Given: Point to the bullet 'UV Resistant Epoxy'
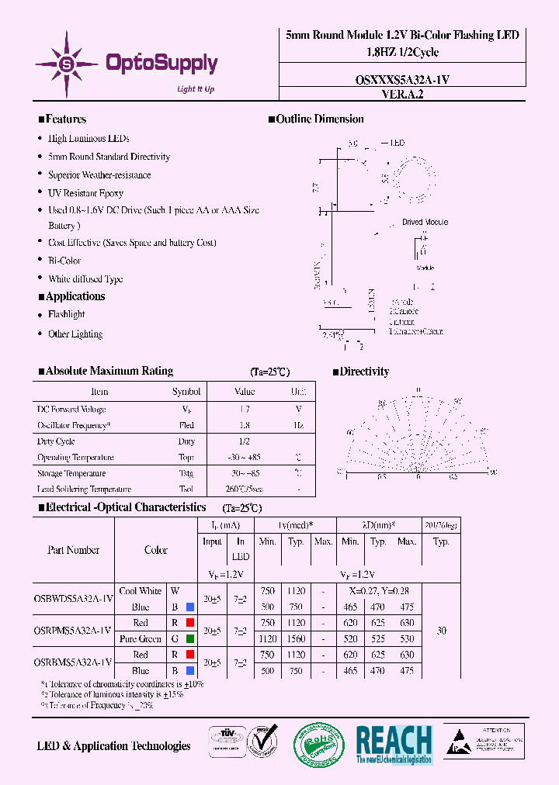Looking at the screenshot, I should [x=85, y=193].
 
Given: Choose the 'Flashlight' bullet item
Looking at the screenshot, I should [x=67, y=314].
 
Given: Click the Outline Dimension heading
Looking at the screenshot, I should [x=319, y=119].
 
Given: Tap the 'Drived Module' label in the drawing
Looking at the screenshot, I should [x=425, y=222].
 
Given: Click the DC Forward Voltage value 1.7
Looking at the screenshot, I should [x=245, y=409].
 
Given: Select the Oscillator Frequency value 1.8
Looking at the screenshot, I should [x=245, y=425].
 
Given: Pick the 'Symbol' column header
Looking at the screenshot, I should [x=186, y=392].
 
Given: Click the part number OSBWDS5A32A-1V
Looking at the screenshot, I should [x=74, y=598].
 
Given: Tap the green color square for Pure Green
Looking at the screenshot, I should [x=189, y=639].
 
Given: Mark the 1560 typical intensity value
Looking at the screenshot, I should [x=296, y=639].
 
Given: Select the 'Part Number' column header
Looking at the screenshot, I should [x=74, y=550].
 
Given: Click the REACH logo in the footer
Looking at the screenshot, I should [x=394, y=745].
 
